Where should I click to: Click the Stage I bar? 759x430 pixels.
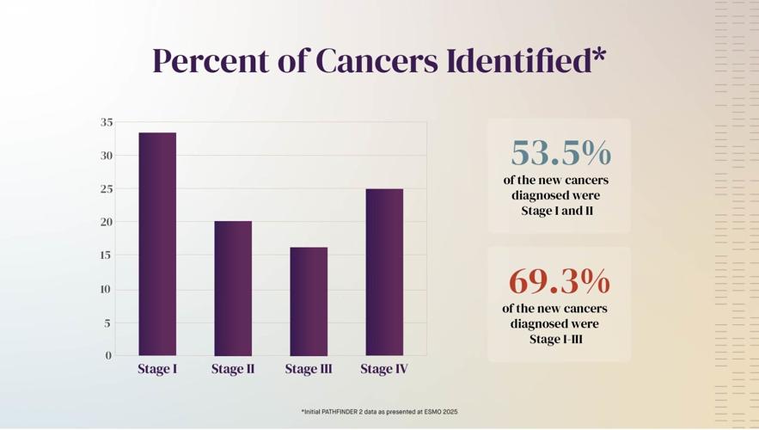(x=157, y=243)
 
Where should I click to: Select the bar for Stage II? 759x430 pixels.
(x=233, y=288)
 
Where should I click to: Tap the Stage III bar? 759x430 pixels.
(x=309, y=301)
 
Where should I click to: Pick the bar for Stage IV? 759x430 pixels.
(x=384, y=272)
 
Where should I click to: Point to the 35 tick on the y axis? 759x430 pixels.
(x=107, y=122)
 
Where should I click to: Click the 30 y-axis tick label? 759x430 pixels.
(x=107, y=156)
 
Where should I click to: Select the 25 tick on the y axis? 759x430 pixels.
(x=107, y=188)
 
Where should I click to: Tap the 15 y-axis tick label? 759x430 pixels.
(x=107, y=255)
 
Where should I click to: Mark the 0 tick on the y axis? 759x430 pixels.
(x=109, y=355)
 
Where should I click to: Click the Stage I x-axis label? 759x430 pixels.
(x=157, y=369)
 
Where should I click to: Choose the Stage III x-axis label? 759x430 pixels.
(x=309, y=369)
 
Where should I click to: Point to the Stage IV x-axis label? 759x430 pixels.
(x=384, y=369)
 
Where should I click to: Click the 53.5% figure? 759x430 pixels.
(x=560, y=153)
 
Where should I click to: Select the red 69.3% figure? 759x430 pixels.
(x=560, y=281)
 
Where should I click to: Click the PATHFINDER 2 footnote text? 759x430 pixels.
(x=380, y=412)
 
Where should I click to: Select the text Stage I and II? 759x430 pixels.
(x=556, y=211)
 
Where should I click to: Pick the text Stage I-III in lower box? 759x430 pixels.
(x=556, y=339)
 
